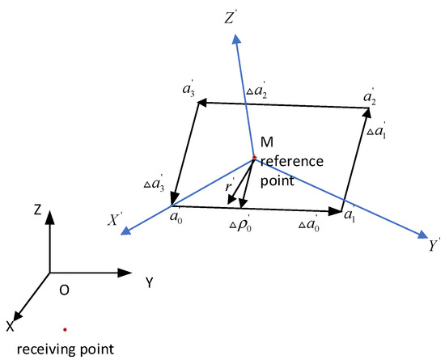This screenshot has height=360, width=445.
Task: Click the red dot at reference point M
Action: point(254,157)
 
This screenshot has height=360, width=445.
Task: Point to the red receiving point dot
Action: point(65,329)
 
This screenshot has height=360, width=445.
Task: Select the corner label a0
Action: point(174,217)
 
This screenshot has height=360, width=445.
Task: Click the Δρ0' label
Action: point(239,221)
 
